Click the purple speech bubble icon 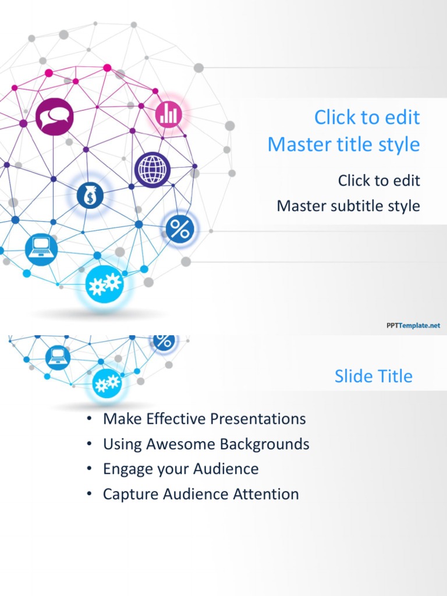tap(54, 116)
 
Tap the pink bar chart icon tap(169, 114)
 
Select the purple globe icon tap(152, 169)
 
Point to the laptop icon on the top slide tap(41, 249)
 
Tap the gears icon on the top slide tap(104, 283)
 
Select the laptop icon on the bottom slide tap(58, 356)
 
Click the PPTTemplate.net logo tap(413, 326)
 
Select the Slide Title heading tap(373, 376)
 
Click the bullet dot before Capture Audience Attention tap(88, 494)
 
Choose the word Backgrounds tap(265, 444)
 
